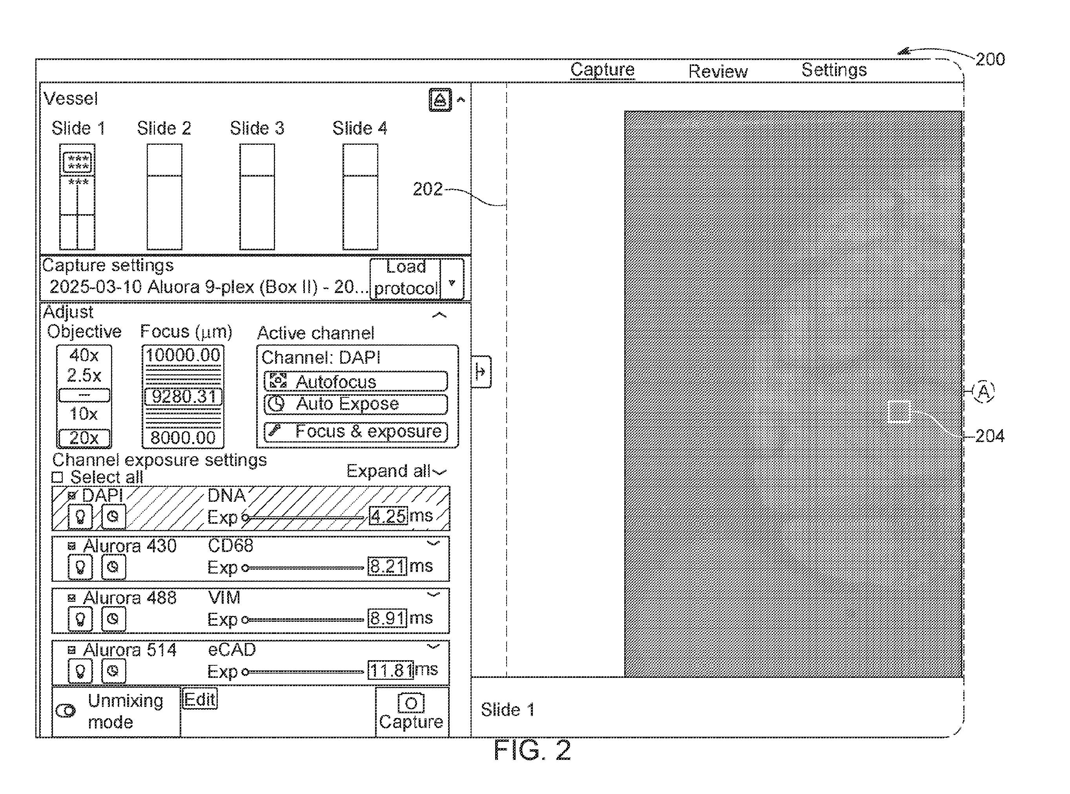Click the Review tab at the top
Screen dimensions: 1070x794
tap(718, 71)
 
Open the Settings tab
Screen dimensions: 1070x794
tap(834, 70)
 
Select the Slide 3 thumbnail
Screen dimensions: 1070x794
tap(257, 197)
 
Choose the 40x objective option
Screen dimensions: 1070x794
tap(84, 355)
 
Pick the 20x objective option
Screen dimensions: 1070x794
tap(84, 438)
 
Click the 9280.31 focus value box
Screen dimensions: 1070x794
tap(183, 397)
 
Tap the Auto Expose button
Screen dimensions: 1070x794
tap(356, 404)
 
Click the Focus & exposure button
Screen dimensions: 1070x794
tap(356, 432)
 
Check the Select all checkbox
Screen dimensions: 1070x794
tap(58, 477)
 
